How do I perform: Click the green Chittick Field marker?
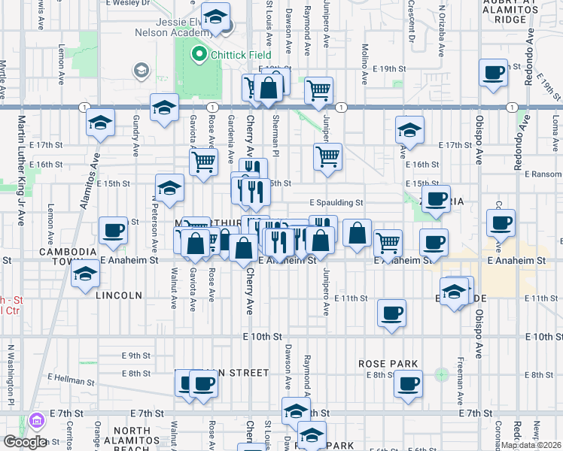point(199,53)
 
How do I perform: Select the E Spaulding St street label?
point(336,202)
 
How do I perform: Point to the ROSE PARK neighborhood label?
point(388,364)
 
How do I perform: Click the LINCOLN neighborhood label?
point(119,295)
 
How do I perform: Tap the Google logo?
point(25,441)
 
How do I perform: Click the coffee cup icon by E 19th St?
point(494,73)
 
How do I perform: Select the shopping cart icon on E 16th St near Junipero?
point(327,157)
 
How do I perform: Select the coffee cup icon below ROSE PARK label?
point(409,384)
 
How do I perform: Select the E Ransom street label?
point(541,173)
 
